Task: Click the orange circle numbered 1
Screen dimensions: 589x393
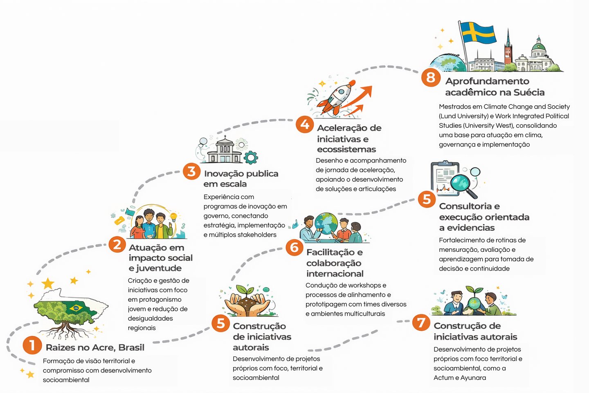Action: coord(32,345)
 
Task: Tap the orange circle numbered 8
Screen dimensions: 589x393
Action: coord(431,77)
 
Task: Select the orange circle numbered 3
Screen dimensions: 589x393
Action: coord(191,171)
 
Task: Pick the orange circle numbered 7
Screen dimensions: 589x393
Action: coord(421,322)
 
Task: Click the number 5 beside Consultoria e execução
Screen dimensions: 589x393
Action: coord(427,199)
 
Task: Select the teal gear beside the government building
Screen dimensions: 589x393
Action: coord(251,158)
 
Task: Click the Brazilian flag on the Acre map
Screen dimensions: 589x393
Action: coord(76,308)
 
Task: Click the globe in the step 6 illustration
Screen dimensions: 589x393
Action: coord(326,223)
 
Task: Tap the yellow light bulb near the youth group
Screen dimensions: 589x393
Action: coord(173,216)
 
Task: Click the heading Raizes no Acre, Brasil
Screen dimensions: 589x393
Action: coord(95,348)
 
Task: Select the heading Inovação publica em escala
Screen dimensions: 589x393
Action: coord(241,178)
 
